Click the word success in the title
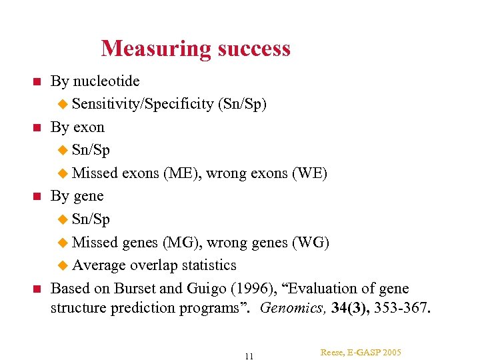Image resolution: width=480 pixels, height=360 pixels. (x=251, y=49)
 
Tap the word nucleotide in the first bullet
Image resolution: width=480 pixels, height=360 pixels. (x=106, y=81)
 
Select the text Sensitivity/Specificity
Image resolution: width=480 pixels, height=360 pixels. (x=143, y=104)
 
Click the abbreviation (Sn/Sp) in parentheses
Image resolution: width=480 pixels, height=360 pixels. (x=242, y=104)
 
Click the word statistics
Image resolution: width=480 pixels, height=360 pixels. (x=205, y=265)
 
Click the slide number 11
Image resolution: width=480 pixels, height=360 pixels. (x=249, y=355)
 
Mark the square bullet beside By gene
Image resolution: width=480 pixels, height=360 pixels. (x=37, y=197)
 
